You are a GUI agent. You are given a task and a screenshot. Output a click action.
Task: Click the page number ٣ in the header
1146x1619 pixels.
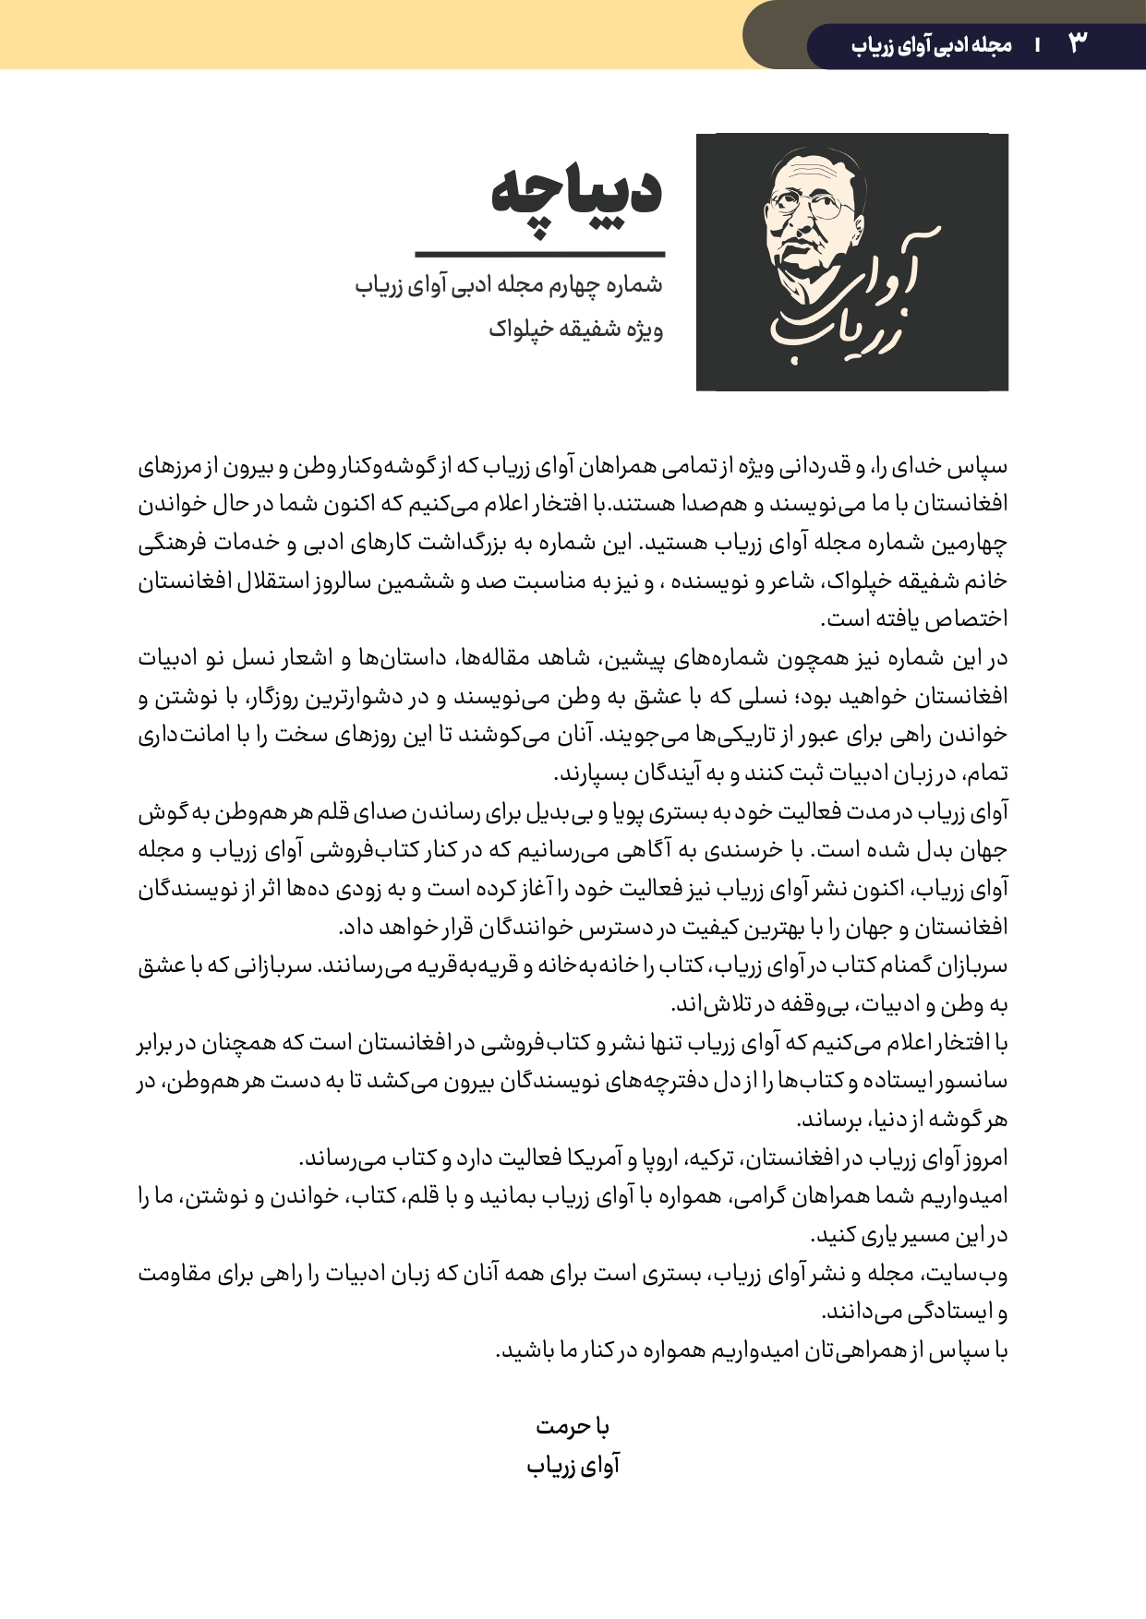pos(1078,42)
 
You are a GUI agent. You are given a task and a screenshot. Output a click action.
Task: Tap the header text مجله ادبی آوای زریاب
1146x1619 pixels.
pos(932,44)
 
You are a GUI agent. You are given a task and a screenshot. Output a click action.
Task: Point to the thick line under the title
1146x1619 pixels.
pos(539,254)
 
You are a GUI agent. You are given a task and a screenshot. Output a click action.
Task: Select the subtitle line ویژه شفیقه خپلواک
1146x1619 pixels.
pos(575,329)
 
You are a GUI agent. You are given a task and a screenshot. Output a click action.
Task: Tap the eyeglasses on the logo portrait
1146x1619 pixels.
pos(813,207)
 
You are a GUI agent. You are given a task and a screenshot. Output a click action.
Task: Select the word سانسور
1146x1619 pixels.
pos(973,1082)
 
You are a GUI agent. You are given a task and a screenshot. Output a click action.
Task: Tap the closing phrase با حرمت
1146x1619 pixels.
pos(573,1427)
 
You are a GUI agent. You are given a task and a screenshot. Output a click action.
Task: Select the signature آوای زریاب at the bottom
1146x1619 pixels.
pos(573,1466)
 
